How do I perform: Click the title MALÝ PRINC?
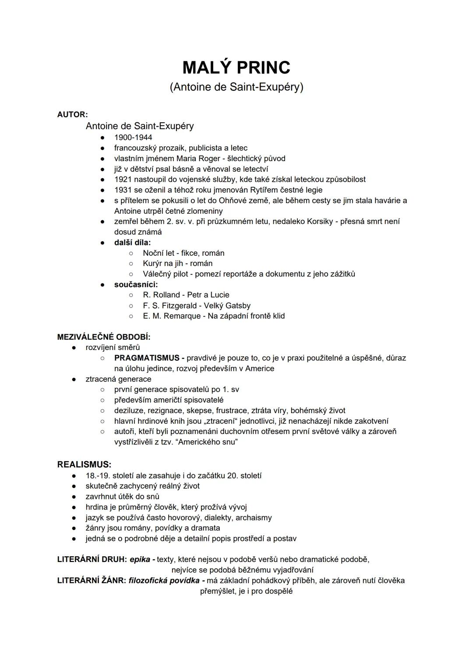236,67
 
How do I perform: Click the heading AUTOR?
72,114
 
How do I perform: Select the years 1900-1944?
133,137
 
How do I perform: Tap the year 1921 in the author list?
123,179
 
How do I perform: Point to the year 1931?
123,190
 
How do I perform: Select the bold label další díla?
132,242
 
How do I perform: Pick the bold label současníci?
136,284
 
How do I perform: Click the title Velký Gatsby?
227,305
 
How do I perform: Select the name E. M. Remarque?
171,316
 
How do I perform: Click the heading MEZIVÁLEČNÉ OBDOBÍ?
104,337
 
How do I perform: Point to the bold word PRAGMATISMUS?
147,358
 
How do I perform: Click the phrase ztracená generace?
118,379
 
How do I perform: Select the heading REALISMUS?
84,464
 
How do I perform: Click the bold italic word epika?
140,559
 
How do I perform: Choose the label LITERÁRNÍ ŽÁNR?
92,580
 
